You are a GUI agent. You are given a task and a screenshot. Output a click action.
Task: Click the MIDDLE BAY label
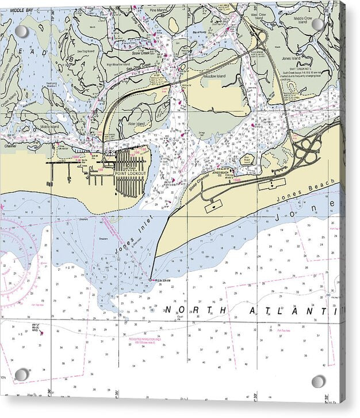coord(22,10)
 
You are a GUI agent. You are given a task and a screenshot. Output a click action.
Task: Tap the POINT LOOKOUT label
coord(131,173)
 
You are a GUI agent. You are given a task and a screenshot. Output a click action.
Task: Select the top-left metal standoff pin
coord(21,31)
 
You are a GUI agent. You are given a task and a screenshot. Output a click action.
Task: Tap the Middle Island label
coord(50,127)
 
